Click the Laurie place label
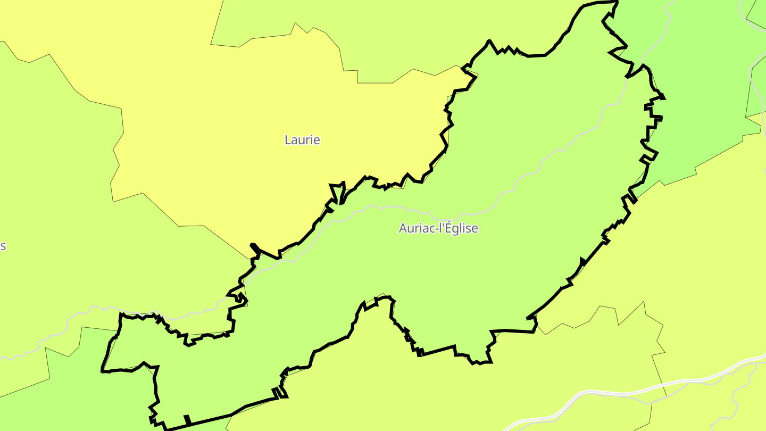click(302, 140)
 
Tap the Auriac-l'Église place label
click(438, 228)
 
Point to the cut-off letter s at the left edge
click(3, 246)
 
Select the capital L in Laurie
click(288, 140)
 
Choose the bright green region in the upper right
click(702, 80)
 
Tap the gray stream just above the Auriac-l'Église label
click(404, 208)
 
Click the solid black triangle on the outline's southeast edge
click(582, 261)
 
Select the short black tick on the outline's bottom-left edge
click(187, 420)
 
